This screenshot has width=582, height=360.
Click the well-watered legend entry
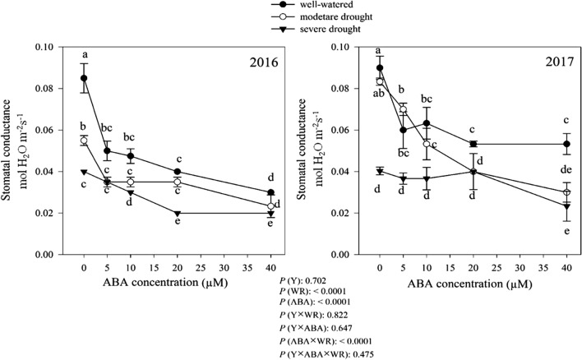pyautogui.click(x=309, y=5)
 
